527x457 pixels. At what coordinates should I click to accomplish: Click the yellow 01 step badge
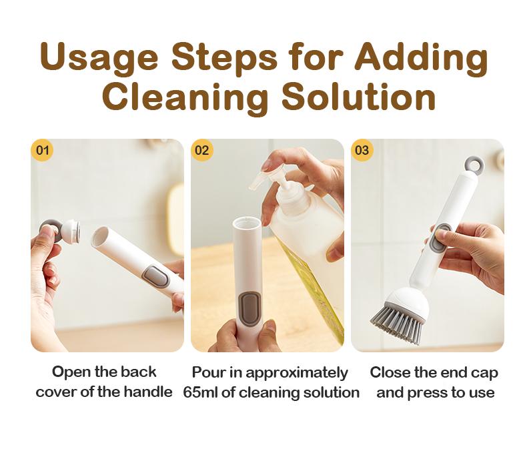pyautogui.click(x=42, y=150)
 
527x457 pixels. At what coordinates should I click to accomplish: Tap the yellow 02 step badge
pyautogui.click(x=202, y=150)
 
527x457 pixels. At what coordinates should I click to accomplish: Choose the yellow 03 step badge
pyautogui.click(x=362, y=150)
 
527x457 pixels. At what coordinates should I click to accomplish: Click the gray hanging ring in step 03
pyautogui.click(x=473, y=163)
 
